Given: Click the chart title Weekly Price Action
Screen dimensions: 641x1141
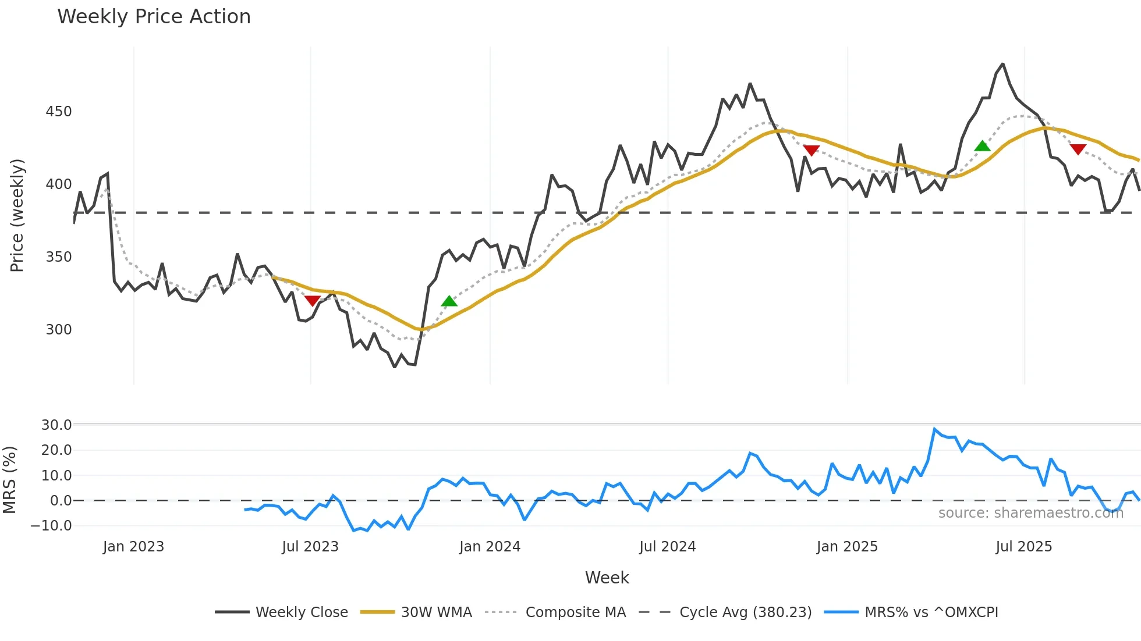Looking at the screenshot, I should pyautogui.click(x=154, y=17).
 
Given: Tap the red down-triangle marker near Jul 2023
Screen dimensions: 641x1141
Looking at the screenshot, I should pyautogui.click(x=312, y=300).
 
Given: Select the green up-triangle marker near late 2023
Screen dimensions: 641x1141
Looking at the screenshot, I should pyautogui.click(x=449, y=301).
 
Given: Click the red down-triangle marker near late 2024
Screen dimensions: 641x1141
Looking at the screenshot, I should pyautogui.click(x=811, y=150).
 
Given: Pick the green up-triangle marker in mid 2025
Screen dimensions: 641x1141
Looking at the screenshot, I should pyautogui.click(x=982, y=146).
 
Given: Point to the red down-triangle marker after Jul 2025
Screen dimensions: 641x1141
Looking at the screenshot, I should pyautogui.click(x=1078, y=149).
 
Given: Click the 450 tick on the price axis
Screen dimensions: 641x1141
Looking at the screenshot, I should pyautogui.click(x=59, y=112).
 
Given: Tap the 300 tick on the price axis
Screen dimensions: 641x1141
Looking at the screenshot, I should pyautogui.click(x=59, y=330).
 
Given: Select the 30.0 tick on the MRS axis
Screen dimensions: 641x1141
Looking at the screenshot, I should pyautogui.click(x=56, y=425).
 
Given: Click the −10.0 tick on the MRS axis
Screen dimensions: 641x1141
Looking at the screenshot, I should pyautogui.click(x=51, y=526).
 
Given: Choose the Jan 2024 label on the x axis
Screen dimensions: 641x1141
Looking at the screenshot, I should pyautogui.click(x=490, y=547).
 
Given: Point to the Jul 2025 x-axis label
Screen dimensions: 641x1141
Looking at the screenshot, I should pyautogui.click(x=1023, y=547).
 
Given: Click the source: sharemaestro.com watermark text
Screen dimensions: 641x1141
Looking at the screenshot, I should pyautogui.click(x=1030, y=513).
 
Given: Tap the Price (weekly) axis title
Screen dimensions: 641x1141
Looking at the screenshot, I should pyautogui.click(x=17, y=215).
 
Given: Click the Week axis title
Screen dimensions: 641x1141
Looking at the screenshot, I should pyautogui.click(x=607, y=578).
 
